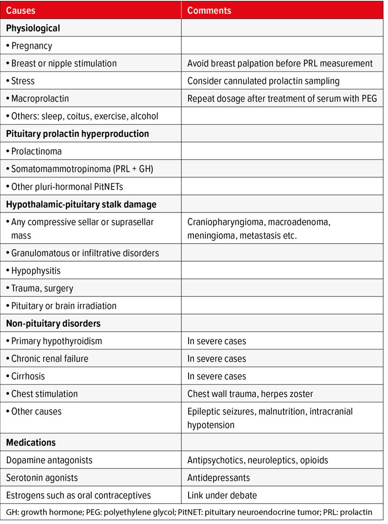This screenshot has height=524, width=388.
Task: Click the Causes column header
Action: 21,10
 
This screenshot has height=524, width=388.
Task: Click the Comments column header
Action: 209,10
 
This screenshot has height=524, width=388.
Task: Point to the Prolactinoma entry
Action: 36,151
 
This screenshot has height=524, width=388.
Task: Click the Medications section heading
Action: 31,443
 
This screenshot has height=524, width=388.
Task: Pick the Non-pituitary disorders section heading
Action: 53,324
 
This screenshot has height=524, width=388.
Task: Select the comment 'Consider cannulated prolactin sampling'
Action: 264,81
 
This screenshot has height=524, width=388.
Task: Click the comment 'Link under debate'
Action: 222,495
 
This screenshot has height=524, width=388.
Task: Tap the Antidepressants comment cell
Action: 219,478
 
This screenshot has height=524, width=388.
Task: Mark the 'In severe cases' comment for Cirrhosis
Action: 217,376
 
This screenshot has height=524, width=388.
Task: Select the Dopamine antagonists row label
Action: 49,460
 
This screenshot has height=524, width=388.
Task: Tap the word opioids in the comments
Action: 314,460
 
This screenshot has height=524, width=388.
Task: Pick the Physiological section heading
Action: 33,28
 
